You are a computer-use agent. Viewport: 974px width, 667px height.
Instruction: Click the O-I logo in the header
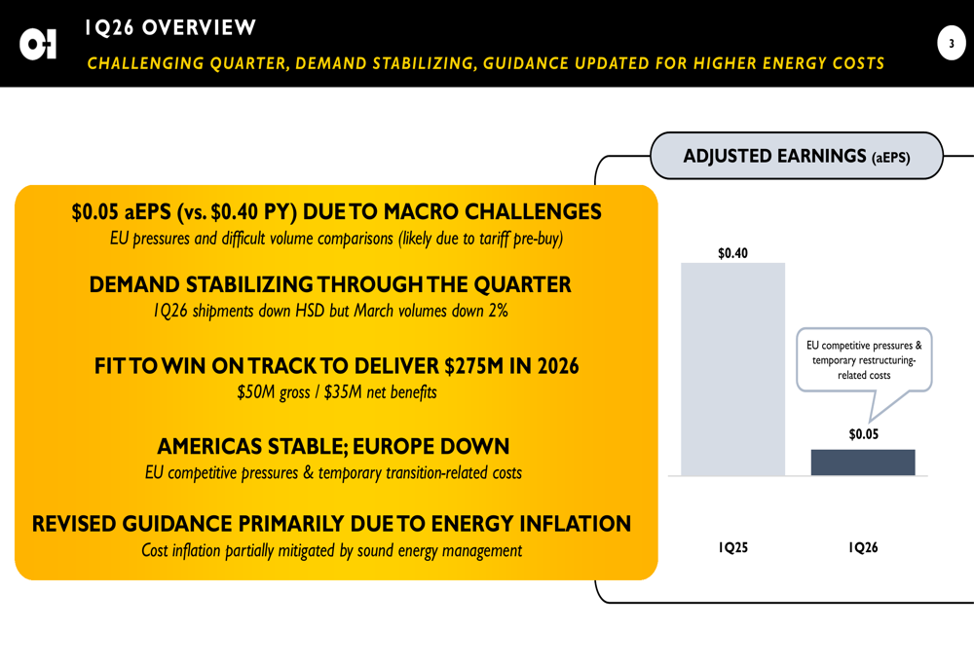tap(38, 44)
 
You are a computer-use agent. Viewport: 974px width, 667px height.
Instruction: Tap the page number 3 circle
tap(951, 43)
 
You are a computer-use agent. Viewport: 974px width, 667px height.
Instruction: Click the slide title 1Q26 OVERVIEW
tap(170, 28)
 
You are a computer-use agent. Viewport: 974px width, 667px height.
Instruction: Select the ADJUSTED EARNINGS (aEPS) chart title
tap(796, 156)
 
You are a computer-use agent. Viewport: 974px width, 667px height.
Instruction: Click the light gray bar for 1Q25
tap(732, 369)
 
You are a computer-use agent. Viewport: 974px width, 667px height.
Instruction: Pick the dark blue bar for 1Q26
tap(862, 463)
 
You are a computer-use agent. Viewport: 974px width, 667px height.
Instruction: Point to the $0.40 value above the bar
tap(732, 253)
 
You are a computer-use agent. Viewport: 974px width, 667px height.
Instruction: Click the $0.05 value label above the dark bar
tap(863, 434)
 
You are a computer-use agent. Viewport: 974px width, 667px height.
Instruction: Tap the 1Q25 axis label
tap(732, 547)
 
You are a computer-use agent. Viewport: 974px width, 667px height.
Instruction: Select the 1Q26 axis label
tap(863, 547)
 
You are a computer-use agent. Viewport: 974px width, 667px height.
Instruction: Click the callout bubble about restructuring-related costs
tap(863, 360)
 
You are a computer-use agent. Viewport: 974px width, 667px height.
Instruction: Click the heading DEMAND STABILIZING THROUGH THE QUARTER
tap(330, 285)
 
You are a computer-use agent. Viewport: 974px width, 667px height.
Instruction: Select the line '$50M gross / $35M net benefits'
tap(336, 392)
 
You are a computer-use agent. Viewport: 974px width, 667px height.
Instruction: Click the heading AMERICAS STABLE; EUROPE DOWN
tap(333, 447)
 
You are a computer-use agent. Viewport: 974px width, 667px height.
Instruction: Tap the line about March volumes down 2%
tap(330, 312)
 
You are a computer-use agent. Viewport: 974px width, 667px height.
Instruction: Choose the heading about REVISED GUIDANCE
tap(331, 524)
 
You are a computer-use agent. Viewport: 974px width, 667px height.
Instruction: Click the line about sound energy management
tap(331, 550)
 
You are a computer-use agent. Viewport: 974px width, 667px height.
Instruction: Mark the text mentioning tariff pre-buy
tap(336, 239)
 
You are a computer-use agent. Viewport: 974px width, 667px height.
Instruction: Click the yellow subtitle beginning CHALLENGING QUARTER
tap(485, 64)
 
